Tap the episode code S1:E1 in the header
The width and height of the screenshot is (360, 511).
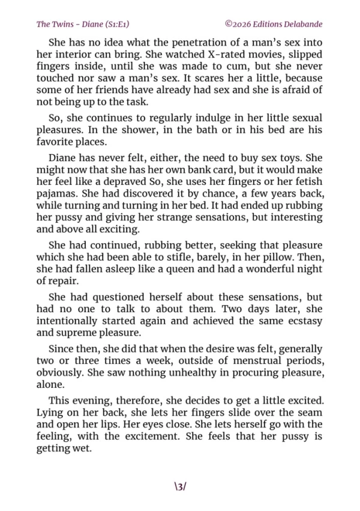(119, 25)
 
